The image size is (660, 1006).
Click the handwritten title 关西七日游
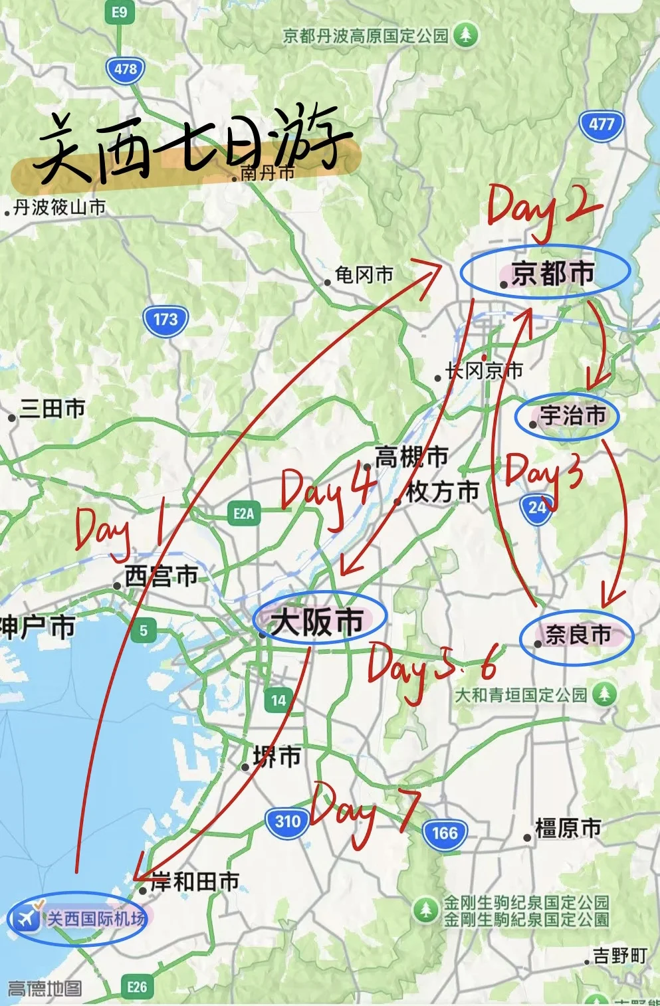pos(189,146)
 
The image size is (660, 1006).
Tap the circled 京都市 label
pos(552,273)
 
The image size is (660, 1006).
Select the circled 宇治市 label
pos(571,416)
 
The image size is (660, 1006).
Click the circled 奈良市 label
pos(578,635)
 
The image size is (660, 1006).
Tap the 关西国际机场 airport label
pos(95,919)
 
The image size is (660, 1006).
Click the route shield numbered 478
pos(125,69)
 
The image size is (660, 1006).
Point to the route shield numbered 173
pos(165,320)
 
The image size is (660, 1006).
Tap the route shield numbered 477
pos(602,124)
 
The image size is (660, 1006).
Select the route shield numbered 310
pos(287,822)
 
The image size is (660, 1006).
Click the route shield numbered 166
pos(445,833)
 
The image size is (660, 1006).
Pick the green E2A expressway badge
pos(243,514)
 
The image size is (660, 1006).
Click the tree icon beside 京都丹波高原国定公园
pos(465,35)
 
